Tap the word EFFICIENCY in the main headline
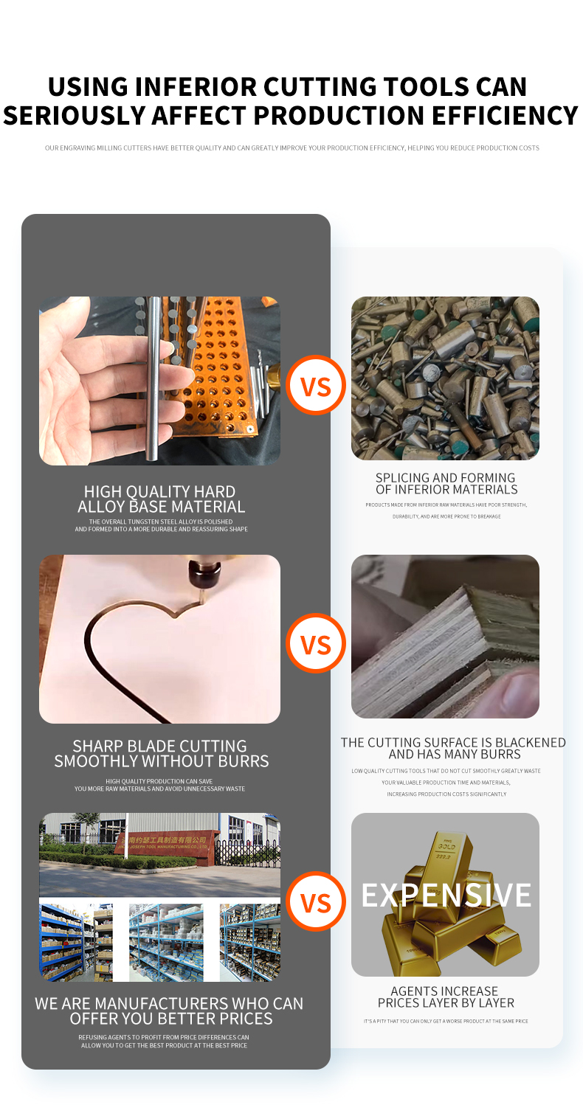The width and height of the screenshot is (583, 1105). (x=505, y=115)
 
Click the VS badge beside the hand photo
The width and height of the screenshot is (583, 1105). (x=316, y=385)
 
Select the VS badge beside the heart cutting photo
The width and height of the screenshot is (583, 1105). (x=316, y=643)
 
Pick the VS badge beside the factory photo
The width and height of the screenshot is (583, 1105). (x=316, y=901)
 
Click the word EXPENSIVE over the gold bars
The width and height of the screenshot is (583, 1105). (x=446, y=896)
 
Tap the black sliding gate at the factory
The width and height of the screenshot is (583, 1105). (x=246, y=852)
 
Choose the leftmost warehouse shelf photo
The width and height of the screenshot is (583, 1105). (x=76, y=943)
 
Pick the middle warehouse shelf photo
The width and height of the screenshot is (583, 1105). (x=166, y=943)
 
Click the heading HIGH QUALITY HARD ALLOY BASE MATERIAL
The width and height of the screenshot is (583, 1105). (x=161, y=499)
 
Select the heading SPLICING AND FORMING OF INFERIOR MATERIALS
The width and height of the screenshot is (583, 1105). (x=446, y=484)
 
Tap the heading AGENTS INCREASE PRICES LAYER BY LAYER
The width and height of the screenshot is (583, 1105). (x=446, y=997)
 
